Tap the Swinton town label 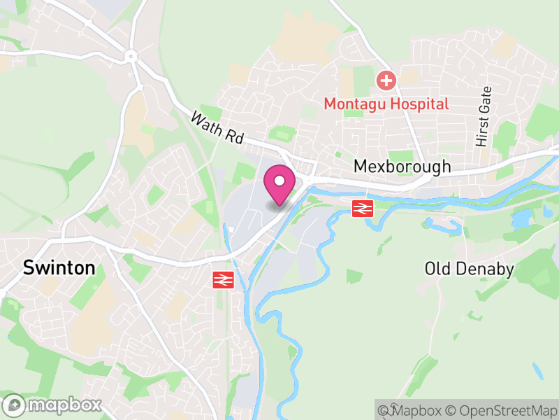(x=59, y=267)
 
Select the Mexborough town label (x=402, y=167)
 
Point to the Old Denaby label (x=469, y=269)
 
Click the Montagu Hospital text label (x=386, y=104)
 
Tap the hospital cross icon (x=386, y=80)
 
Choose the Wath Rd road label (x=217, y=128)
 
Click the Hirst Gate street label (x=483, y=116)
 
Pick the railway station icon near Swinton (x=222, y=280)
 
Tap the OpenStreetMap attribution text (x=504, y=409)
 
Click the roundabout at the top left (x=131, y=55)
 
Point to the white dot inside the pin (x=279, y=181)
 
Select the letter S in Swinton (x=29, y=267)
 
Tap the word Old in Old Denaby (x=437, y=269)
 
